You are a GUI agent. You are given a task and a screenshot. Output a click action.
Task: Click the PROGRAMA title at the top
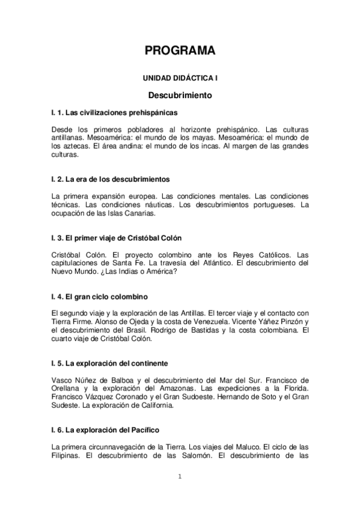pyautogui.click(x=180, y=51)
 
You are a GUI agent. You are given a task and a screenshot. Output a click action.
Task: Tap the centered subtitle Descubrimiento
pyautogui.click(x=180, y=95)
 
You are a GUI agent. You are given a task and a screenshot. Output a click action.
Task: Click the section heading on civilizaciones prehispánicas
pyautogui.click(x=114, y=112)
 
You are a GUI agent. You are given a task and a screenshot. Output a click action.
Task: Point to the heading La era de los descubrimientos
pyautogui.click(x=111, y=179)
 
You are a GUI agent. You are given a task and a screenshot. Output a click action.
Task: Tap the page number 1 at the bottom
pyautogui.click(x=180, y=477)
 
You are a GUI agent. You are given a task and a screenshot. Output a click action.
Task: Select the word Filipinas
pyautogui.click(x=67, y=455)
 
